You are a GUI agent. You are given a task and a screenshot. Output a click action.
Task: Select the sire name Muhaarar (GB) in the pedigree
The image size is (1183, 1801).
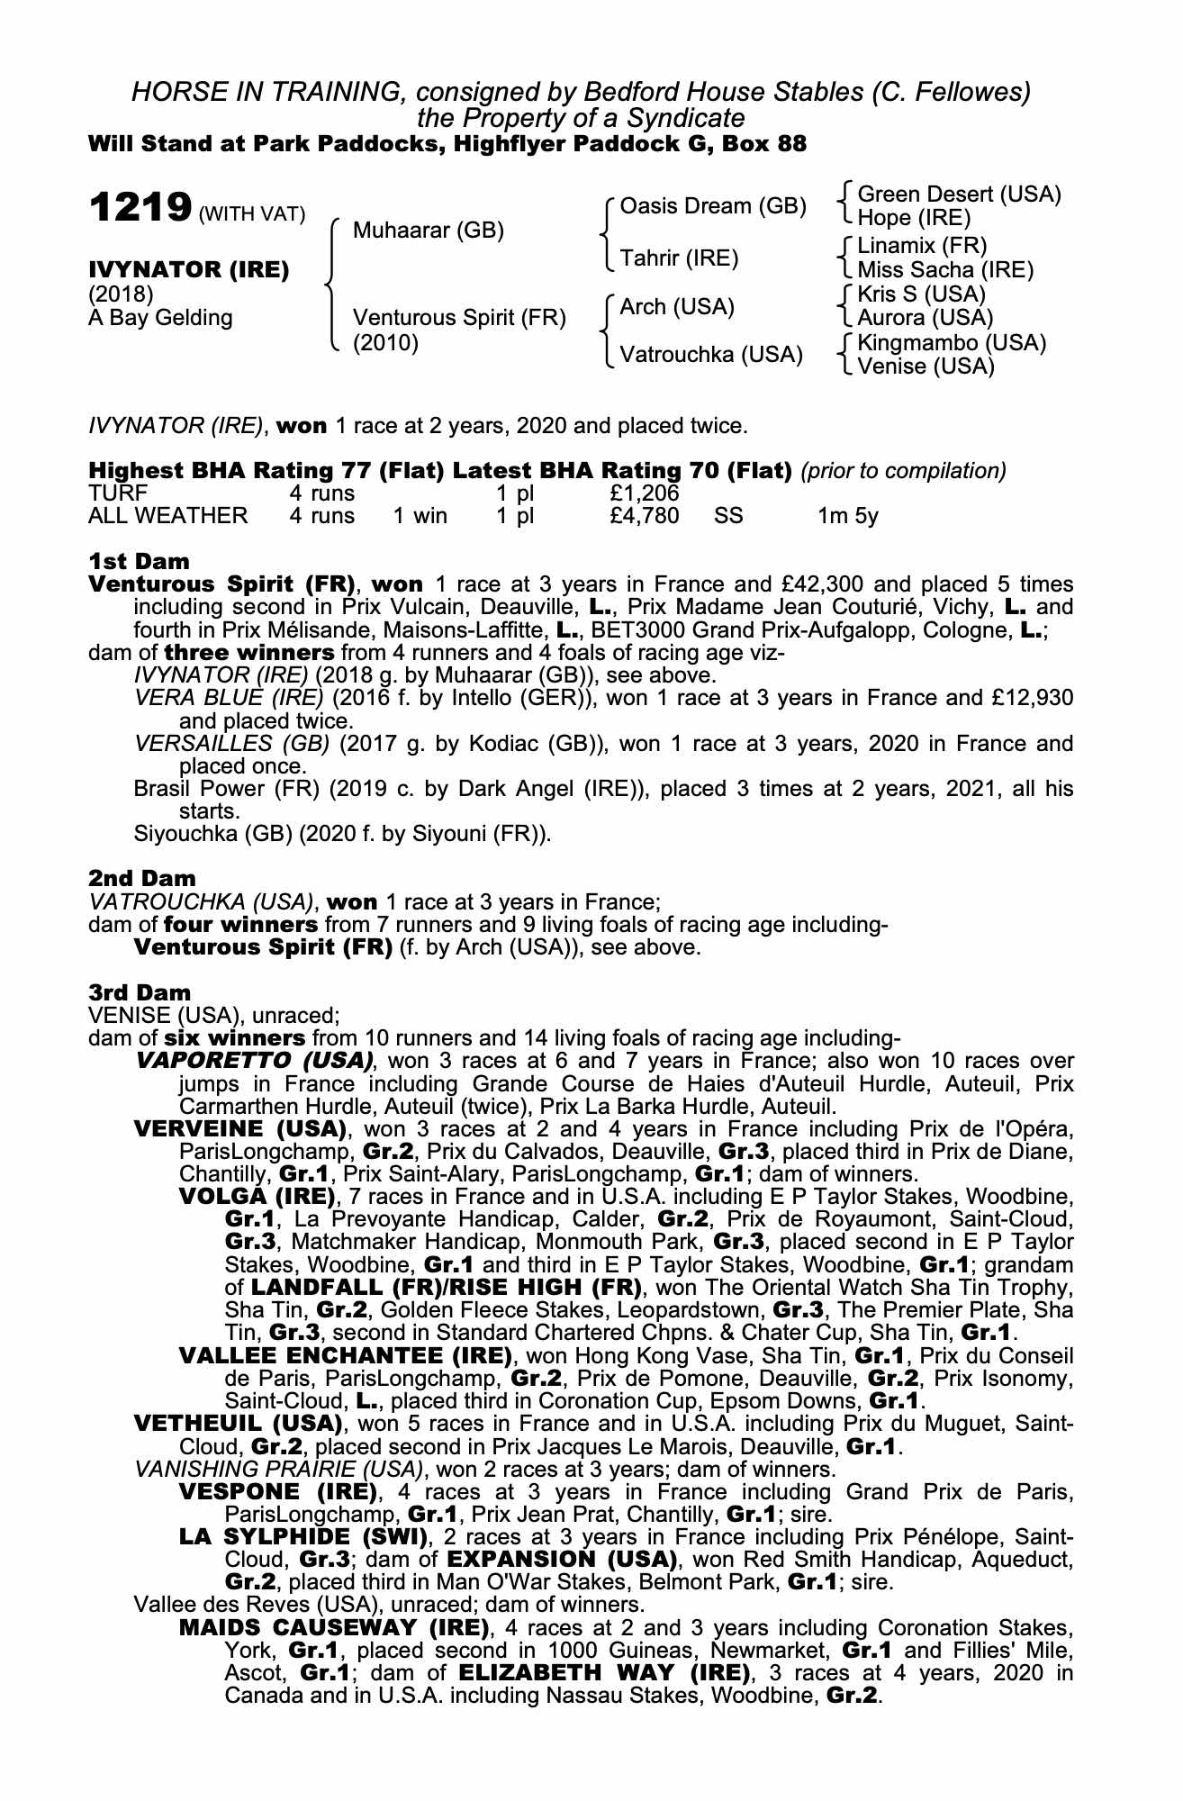click(428, 231)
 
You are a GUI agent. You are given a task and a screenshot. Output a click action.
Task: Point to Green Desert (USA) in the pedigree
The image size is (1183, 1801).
click(959, 195)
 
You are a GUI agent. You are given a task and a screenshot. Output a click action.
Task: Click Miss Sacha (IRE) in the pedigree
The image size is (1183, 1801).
click(945, 269)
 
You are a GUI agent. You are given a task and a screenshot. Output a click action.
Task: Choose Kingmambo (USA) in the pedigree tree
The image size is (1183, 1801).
click(952, 343)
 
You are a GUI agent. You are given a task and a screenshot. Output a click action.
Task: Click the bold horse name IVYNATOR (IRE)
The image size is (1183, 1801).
click(189, 270)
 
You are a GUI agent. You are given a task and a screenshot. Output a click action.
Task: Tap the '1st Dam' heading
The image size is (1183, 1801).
click(139, 562)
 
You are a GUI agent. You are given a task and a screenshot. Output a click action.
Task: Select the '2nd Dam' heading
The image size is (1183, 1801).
click(141, 878)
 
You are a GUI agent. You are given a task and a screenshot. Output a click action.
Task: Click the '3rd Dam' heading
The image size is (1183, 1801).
click(140, 992)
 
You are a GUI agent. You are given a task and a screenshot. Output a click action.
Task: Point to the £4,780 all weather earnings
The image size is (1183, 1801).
click(644, 516)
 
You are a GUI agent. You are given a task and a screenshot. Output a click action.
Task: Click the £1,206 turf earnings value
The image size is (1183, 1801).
click(644, 493)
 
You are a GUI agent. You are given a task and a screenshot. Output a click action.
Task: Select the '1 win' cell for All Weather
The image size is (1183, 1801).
click(420, 516)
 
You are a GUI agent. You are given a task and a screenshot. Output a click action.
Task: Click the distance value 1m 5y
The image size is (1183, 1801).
click(846, 516)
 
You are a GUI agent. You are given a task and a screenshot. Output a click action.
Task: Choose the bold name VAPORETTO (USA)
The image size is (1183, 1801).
click(254, 1060)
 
